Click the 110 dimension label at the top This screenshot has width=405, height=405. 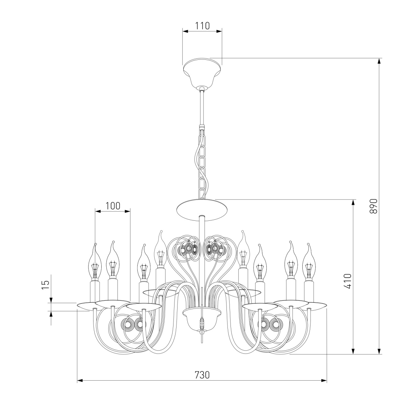pyautogui.click(x=202, y=26)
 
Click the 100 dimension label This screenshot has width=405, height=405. pyautogui.click(x=113, y=206)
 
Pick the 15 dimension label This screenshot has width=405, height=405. pyautogui.click(x=46, y=285)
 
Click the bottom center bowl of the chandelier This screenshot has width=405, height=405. pyautogui.click(x=202, y=321)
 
